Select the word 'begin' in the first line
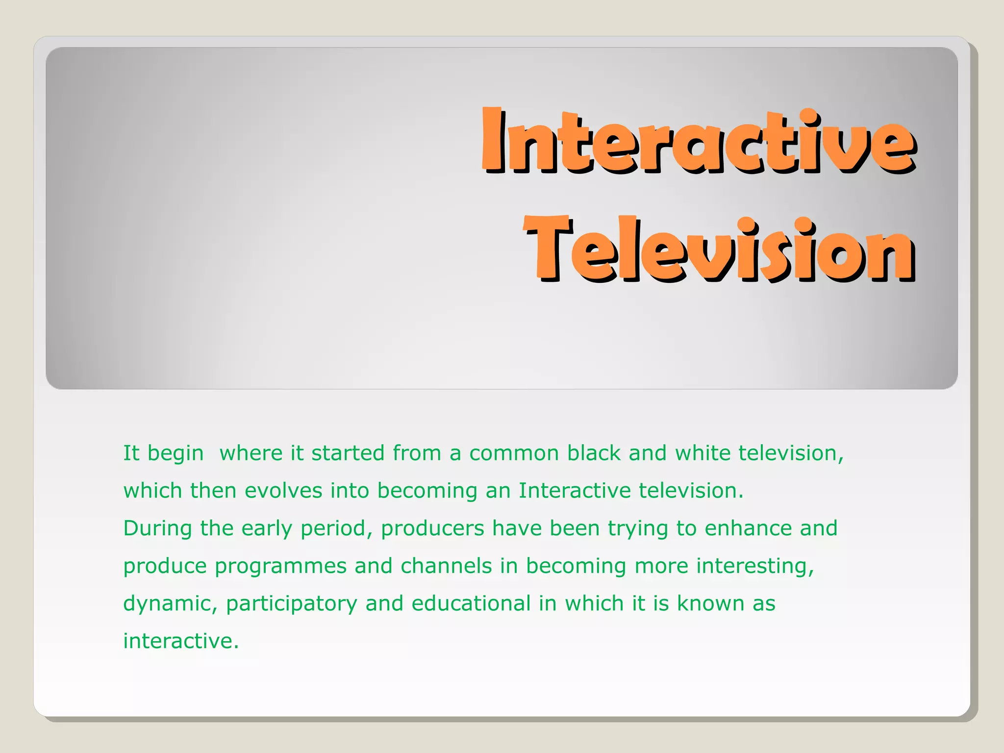176,453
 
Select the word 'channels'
446,566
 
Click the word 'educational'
471,603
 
